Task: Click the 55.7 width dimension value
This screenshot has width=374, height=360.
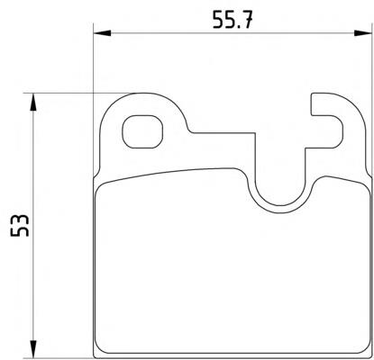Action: click(x=232, y=20)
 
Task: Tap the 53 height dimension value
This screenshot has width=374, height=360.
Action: click(x=20, y=226)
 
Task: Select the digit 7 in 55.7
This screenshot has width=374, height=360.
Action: click(x=246, y=20)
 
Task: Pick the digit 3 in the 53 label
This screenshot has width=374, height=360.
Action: click(x=20, y=220)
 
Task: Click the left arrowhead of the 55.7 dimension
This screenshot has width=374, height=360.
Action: click(x=103, y=33)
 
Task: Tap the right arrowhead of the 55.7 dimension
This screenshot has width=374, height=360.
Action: click(x=363, y=33)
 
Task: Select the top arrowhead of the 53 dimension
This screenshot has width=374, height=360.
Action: click(x=33, y=103)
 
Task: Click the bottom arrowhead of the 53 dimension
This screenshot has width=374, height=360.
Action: click(x=33, y=349)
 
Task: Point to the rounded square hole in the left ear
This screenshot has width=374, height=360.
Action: click(x=142, y=132)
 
